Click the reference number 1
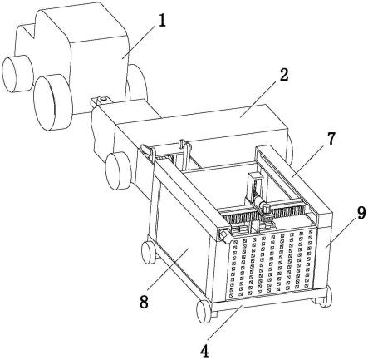[x=162, y=21]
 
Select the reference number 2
[x=284, y=75]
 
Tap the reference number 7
[x=331, y=139]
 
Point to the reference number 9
[x=361, y=214]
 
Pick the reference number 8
[x=144, y=302]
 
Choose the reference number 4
[x=204, y=351]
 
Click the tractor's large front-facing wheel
[x=52, y=102]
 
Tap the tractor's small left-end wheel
[x=17, y=74]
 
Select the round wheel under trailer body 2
[x=119, y=171]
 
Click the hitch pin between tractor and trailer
[x=103, y=98]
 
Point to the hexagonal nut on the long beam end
[x=225, y=236]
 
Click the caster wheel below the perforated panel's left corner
[x=204, y=311]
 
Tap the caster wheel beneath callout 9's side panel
[x=326, y=297]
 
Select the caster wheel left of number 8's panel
[x=148, y=252]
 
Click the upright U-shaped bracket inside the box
[x=256, y=186]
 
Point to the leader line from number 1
[x=140, y=40]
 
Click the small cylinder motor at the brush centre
[x=264, y=207]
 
